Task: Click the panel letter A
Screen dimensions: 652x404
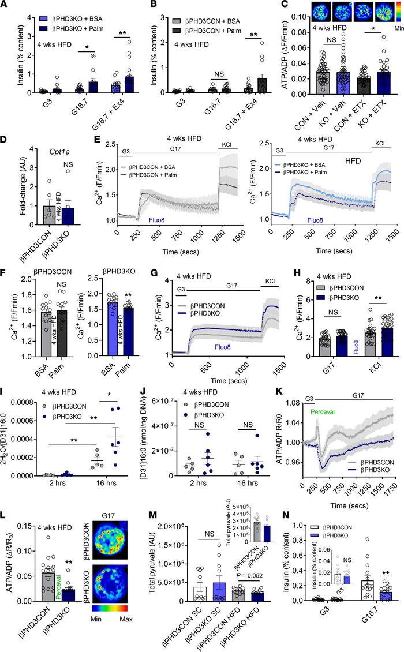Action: click(x=5, y=5)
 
